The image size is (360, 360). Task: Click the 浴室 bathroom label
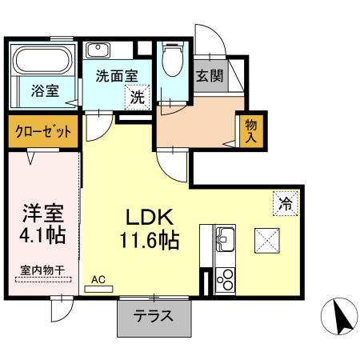coord(45,90)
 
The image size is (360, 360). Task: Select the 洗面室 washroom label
coord(117,77)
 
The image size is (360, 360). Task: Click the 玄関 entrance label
coord(210,78)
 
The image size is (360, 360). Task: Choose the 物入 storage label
coord(250,131)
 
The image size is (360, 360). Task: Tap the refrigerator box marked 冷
coord(286,203)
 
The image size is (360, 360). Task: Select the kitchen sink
coord(223,238)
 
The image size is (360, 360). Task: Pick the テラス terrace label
coord(154,315)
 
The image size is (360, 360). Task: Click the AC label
coord(98,280)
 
